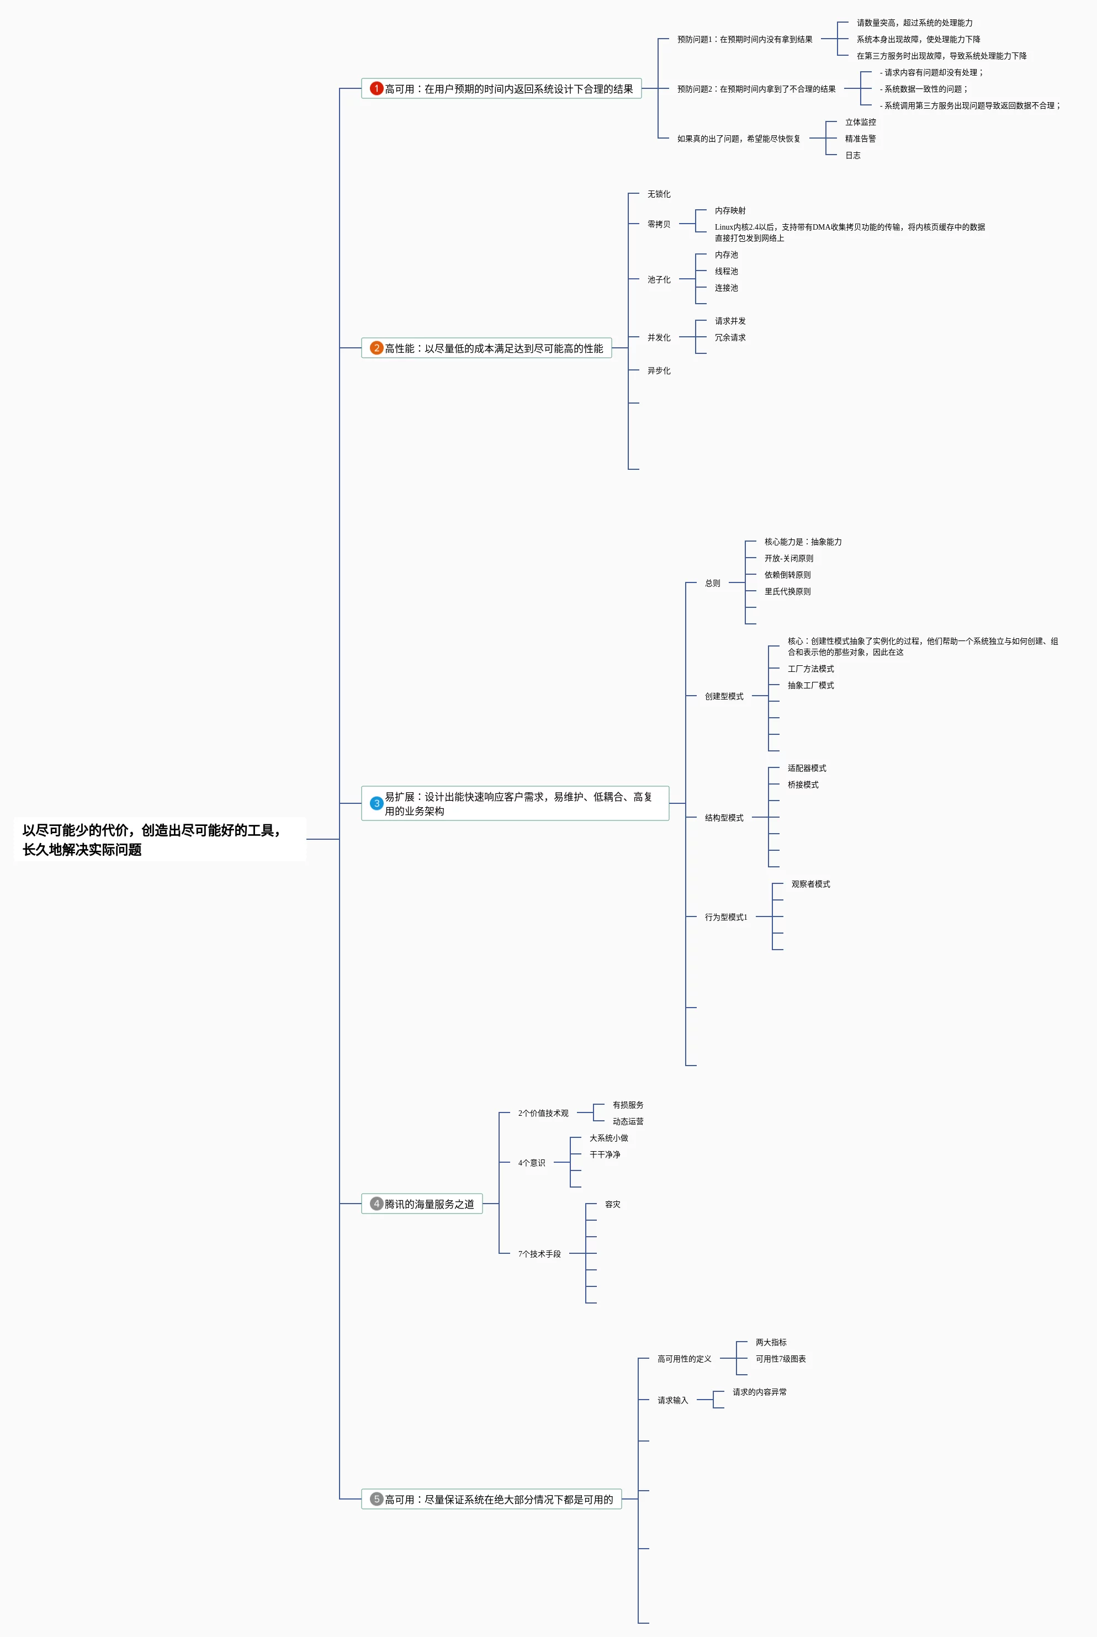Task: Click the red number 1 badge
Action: click(377, 88)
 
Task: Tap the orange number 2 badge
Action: click(377, 348)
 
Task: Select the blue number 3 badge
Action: click(377, 803)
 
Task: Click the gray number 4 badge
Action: click(377, 1203)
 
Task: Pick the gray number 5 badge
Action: click(377, 1498)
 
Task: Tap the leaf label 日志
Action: click(853, 155)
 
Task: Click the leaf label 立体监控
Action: click(860, 121)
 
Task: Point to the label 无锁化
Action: click(658, 194)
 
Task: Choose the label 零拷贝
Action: click(658, 224)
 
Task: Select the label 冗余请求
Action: click(730, 337)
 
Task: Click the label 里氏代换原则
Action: click(787, 591)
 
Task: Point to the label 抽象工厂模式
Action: click(810, 685)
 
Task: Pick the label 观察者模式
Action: click(810, 883)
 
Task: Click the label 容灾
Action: click(612, 1204)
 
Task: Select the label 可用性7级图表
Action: click(780, 1359)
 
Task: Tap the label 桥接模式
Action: click(803, 784)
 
